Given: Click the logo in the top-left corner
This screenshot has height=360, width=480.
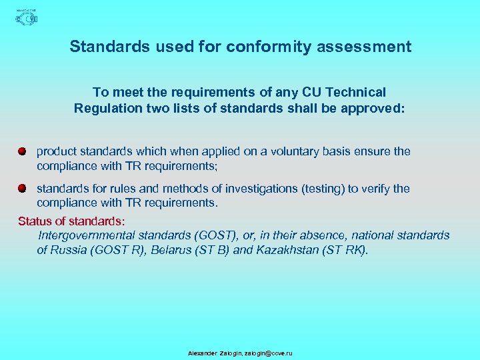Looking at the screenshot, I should (26, 17).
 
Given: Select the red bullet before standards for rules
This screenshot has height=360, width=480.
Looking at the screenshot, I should (22, 189).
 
